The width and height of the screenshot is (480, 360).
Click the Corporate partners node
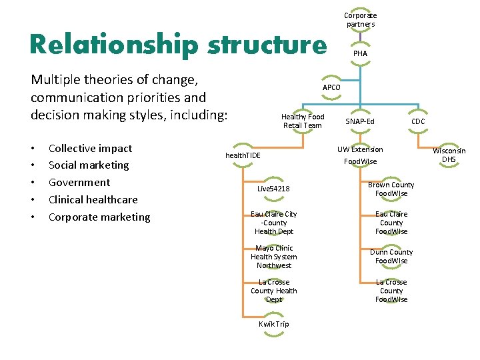(360, 19)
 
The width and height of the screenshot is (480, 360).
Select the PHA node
(360, 53)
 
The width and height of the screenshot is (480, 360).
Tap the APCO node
(331, 87)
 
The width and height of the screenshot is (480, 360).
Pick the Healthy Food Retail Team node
(303, 121)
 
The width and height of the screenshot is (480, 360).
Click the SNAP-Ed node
(360, 121)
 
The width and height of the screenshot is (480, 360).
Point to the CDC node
(418, 121)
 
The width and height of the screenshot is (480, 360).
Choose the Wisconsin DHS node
(449, 155)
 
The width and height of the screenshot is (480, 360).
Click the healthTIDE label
(243, 155)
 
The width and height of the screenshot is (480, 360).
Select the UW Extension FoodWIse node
(360, 155)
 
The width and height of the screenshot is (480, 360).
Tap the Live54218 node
(273, 189)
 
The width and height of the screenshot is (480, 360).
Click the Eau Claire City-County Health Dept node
(273, 223)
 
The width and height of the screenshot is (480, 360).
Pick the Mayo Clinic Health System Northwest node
(273, 257)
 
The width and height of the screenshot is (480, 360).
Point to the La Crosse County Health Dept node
(273, 291)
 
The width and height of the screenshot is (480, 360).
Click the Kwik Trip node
(273, 324)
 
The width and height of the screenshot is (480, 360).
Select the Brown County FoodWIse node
(391, 189)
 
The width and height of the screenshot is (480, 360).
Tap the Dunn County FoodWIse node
(391, 257)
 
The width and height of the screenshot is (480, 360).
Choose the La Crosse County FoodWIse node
(391, 291)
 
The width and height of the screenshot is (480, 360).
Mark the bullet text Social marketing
(89, 165)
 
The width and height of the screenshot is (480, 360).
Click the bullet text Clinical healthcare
(93, 199)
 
